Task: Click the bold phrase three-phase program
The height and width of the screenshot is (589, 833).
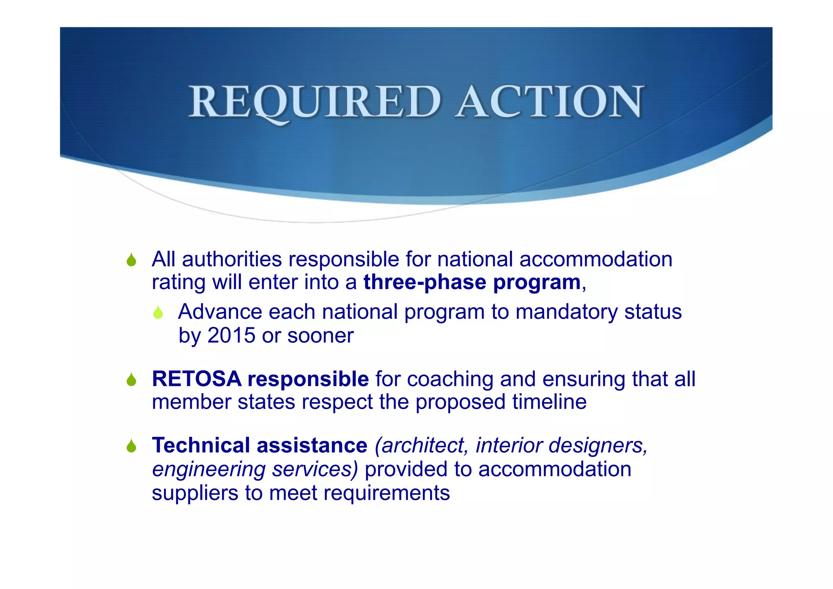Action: pos(472,282)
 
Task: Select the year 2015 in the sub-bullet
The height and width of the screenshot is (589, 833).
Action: pos(231,335)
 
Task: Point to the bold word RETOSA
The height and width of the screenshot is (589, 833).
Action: pos(196,379)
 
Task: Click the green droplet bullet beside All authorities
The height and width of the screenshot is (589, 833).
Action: pos(131,260)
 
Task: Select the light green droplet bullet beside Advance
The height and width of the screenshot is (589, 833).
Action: pos(158,313)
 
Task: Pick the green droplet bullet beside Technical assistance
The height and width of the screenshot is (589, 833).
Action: pos(131,447)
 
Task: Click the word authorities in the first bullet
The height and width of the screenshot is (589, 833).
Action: pos(232,259)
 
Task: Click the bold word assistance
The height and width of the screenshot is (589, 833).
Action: pos(312,445)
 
